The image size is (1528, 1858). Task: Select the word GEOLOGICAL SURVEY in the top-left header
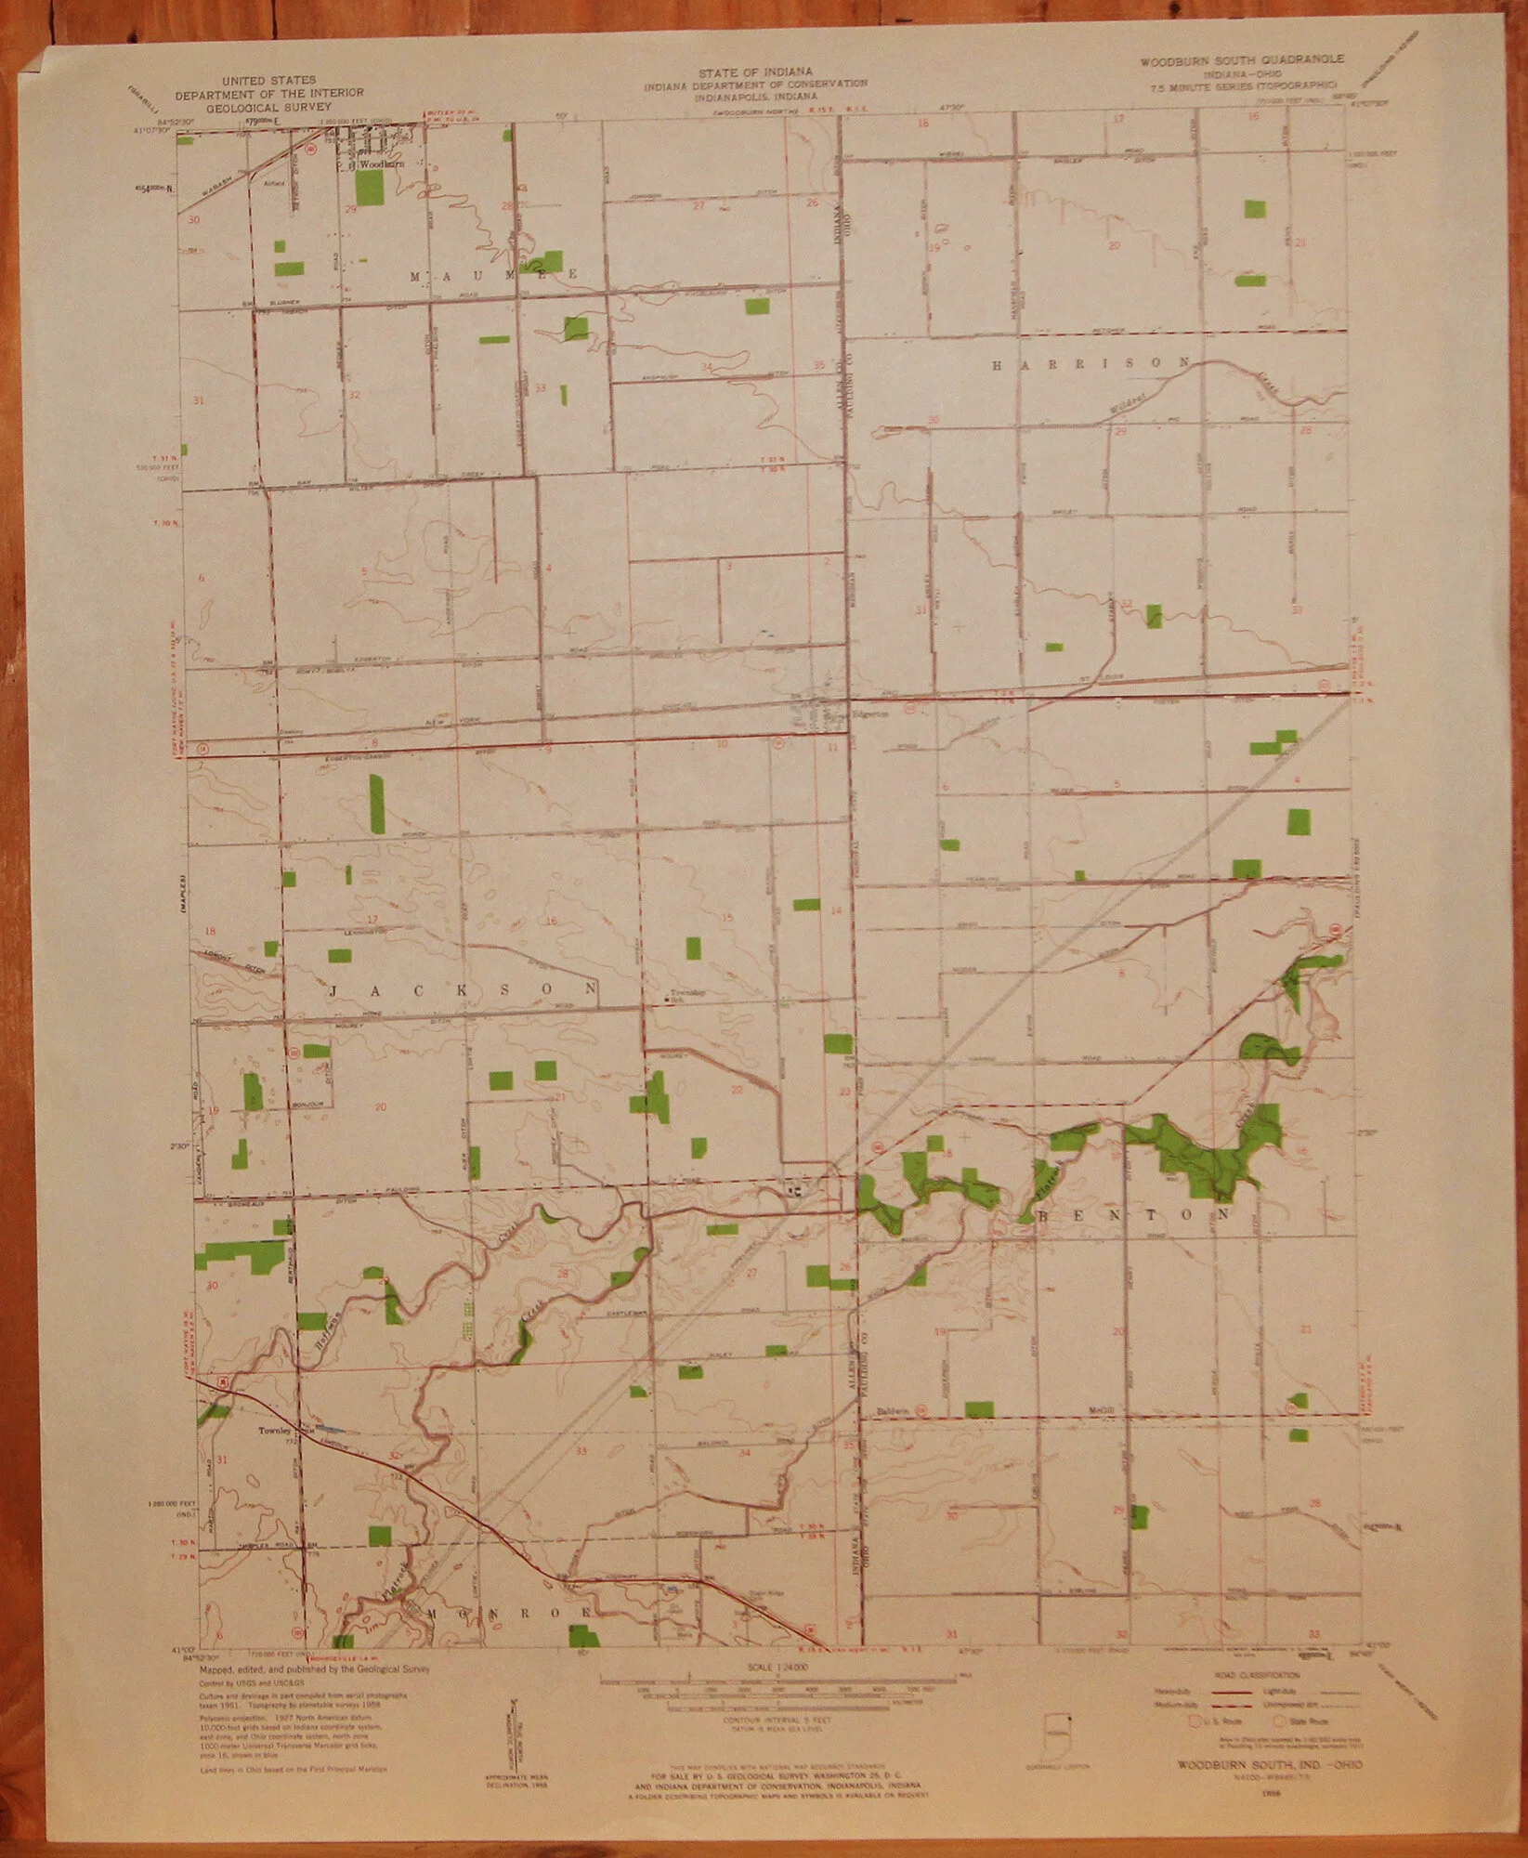pyautogui.click(x=248, y=107)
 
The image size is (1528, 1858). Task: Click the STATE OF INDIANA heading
pyautogui.click(x=757, y=72)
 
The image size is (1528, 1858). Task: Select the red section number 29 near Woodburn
pyautogui.click(x=350, y=209)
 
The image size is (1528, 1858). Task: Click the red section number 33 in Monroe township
pyautogui.click(x=582, y=1450)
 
